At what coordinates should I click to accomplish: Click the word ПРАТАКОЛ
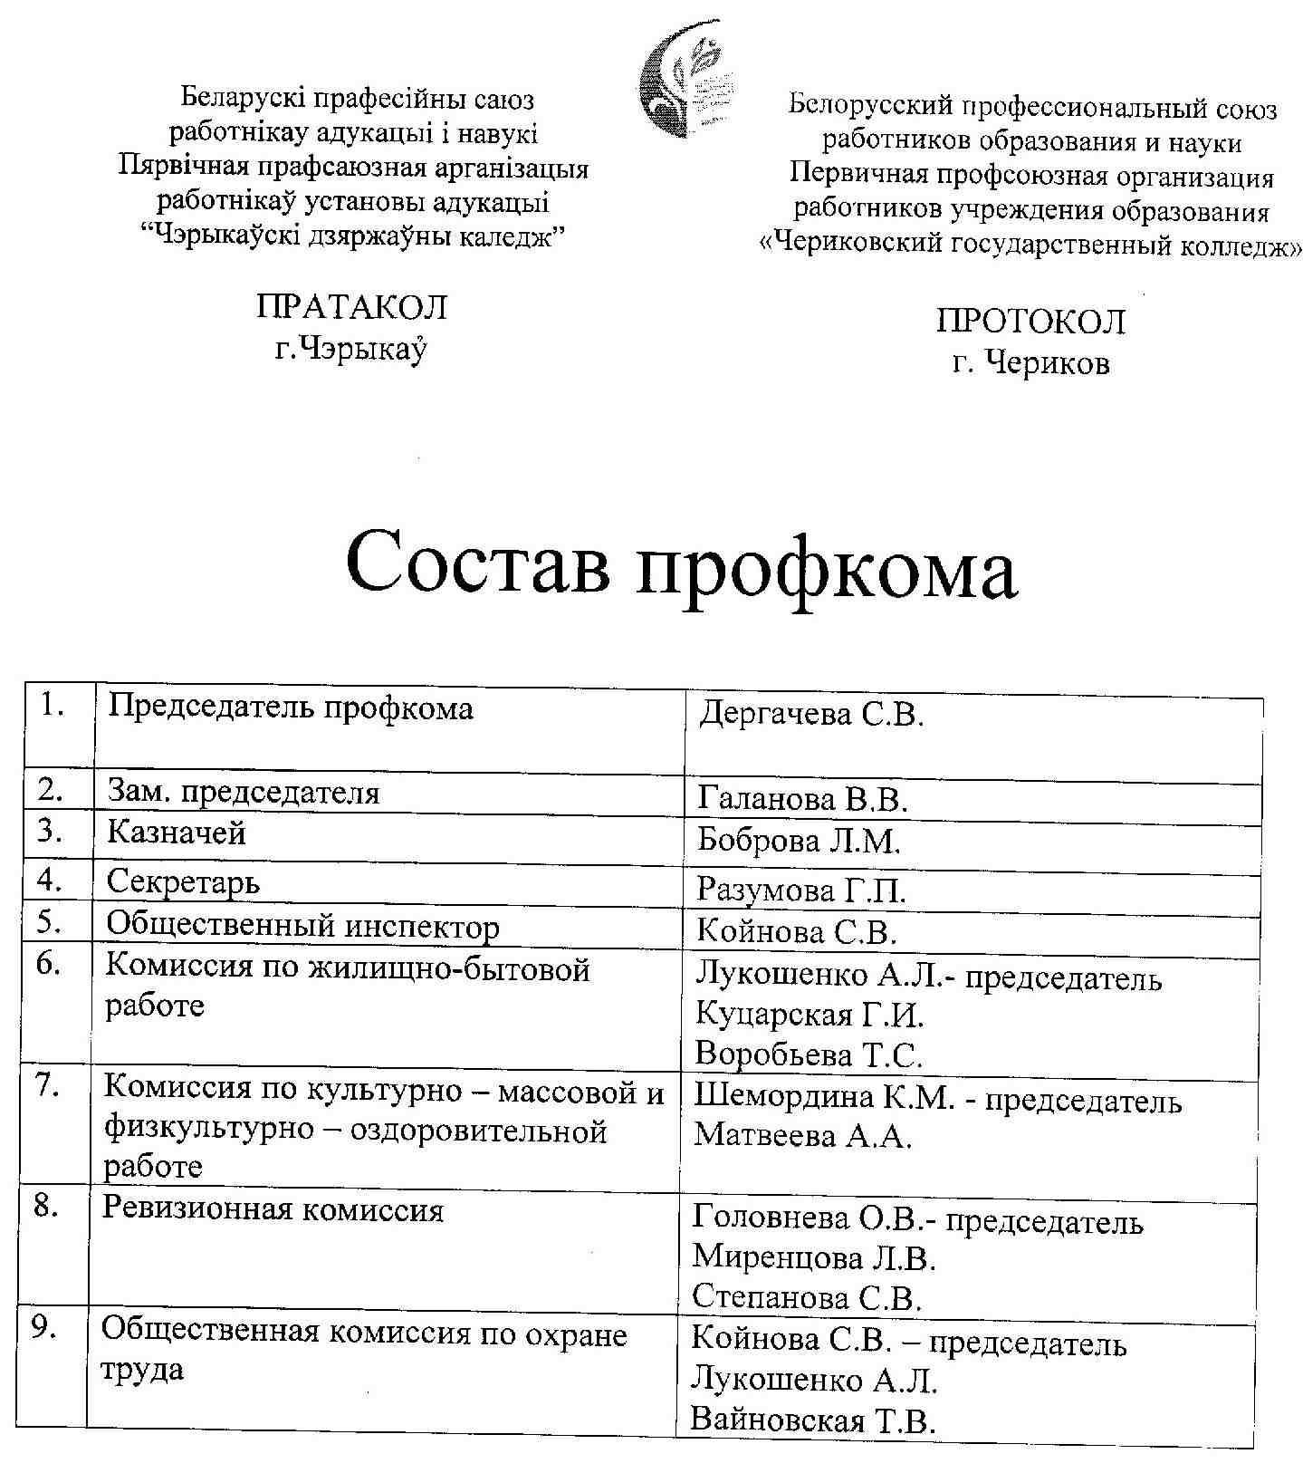click(x=351, y=308)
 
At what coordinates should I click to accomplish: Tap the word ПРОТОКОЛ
click(x=1030, y=322)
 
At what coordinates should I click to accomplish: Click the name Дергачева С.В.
click(x=811, y=715)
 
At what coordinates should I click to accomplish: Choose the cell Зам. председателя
click(x=243, y=794)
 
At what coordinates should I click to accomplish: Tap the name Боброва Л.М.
click(x=799, y=842)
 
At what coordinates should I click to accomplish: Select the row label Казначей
click(x=177, y=833)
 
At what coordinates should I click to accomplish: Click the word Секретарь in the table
click(x=183, y=881)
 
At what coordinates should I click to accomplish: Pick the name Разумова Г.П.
click(x=800, y=891)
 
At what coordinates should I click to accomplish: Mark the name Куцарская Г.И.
click(x=810, y=1016)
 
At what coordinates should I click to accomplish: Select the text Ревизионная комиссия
click(x=273, y=1210)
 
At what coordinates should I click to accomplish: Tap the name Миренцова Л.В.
click(x=814, y=1258)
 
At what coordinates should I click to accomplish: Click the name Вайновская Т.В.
click(x=812, y=1420)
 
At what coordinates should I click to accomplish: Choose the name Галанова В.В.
click(x=802, y=800)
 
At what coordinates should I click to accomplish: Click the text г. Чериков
click(x=1030, y=364)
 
